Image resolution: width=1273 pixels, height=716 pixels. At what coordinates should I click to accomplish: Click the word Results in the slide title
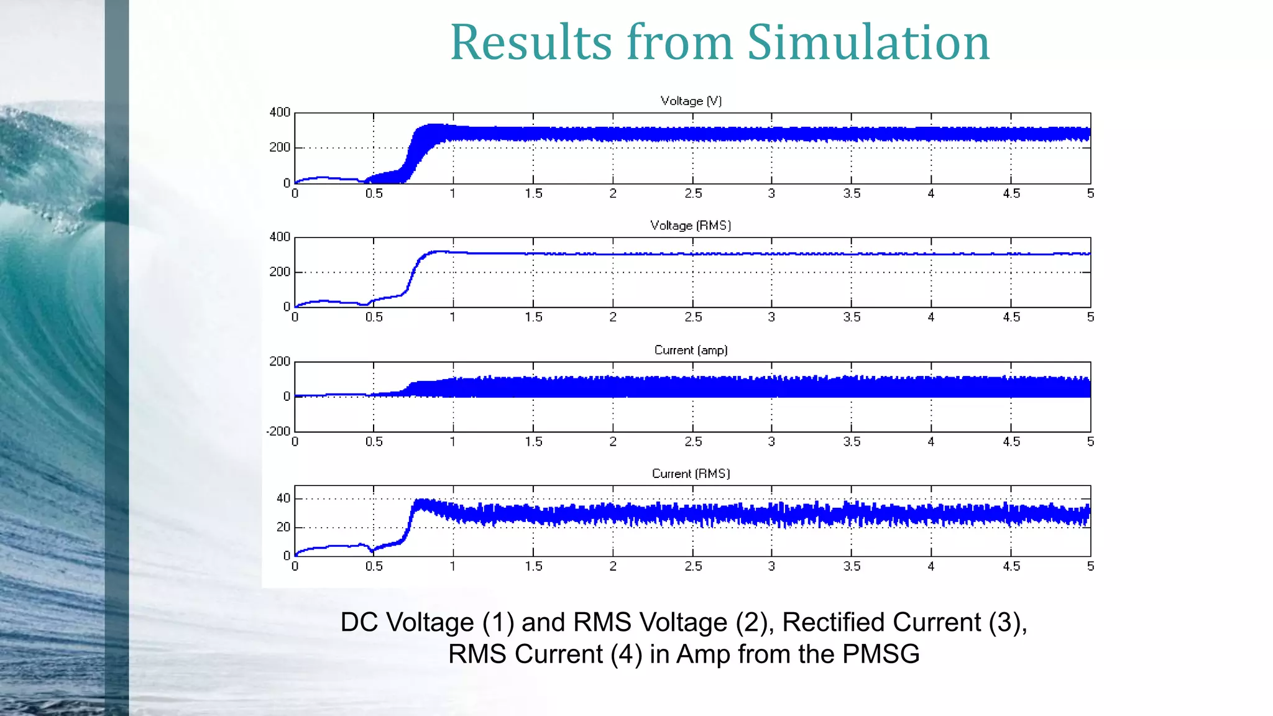531,42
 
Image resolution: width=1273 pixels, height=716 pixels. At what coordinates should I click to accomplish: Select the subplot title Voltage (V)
691,101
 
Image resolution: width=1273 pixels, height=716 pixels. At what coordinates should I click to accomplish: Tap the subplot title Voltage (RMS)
690,225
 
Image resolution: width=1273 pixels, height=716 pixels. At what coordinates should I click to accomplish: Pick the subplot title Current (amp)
691,350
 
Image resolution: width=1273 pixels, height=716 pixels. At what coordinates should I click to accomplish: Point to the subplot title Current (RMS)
691,474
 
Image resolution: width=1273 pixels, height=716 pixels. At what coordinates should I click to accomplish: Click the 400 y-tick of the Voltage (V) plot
280,112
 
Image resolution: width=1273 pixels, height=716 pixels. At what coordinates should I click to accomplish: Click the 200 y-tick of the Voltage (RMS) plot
280,272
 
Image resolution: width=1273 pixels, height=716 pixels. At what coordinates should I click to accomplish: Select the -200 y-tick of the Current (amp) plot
278,431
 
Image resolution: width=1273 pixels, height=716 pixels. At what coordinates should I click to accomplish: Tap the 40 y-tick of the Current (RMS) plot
283,498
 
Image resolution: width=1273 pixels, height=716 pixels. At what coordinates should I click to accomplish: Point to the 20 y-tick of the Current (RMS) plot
283,527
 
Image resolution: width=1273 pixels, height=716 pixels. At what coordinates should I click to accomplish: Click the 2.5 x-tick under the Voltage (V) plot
693,193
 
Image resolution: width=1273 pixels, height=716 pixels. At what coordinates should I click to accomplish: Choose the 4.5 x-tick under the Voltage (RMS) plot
1011,317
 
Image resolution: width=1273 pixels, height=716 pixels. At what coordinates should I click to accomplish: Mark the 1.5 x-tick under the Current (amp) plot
533,441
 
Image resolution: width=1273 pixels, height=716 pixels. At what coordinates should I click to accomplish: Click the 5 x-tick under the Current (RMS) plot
1090,566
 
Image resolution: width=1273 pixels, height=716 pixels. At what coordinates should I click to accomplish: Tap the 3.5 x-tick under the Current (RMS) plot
852,566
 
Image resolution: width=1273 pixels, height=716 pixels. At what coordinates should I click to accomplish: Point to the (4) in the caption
626,654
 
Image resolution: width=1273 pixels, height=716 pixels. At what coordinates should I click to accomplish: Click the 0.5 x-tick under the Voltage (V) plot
374,193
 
